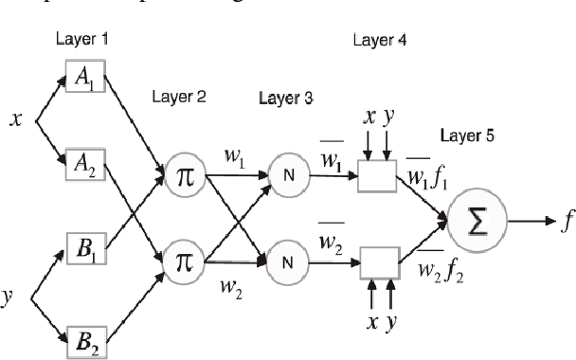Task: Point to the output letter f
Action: tap(567, 223)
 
